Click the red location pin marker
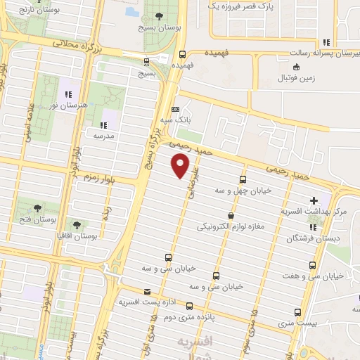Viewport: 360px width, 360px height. (x=181, y=166)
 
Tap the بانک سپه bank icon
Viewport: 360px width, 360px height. (x=175, y=109)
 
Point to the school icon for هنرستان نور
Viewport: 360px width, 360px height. (x=69, y=94)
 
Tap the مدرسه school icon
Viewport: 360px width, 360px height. (x=108, y=115)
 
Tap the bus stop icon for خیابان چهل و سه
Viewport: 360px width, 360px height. (x=243, y=179)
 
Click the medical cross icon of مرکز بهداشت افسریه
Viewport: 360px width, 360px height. (x=314, y=200)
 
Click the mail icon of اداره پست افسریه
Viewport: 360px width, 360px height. (x=147, y=292)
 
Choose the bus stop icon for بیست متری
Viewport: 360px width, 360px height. (x=298, y=311)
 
